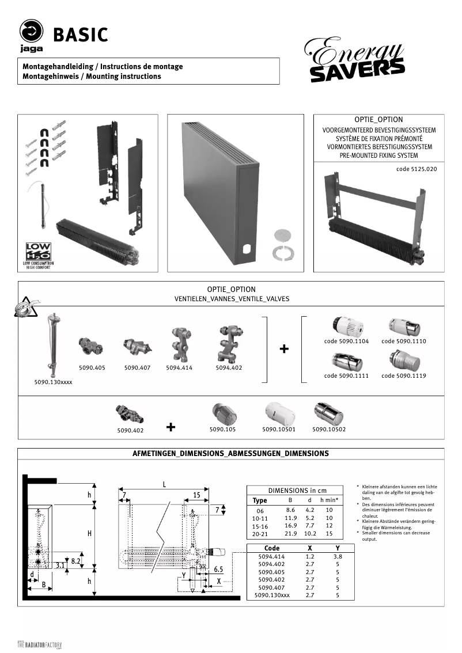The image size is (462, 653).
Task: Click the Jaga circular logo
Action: (32, 31)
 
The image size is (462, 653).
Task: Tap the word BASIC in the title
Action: (81, 35)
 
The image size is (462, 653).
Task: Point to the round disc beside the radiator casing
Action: (282, 235)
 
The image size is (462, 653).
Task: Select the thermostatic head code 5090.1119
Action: (403, 361)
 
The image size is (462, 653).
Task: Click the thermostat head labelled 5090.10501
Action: (279, 413)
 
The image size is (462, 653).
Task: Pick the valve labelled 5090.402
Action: (130, 412)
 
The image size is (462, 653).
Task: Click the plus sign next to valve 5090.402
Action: (171, 427)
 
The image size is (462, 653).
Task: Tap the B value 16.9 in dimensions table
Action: (291, 526)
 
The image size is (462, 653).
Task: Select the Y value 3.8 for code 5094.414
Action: (337, 557)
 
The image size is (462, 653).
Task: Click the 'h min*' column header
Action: (329, 500)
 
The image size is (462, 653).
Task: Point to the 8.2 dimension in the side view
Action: (75, 560)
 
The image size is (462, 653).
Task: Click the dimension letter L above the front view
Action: (164, 484)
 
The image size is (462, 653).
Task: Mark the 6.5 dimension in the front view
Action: (218, 569)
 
